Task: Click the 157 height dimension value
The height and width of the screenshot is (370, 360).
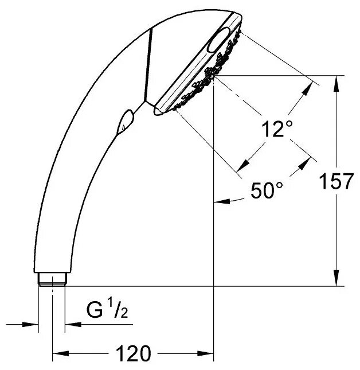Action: point(336,181)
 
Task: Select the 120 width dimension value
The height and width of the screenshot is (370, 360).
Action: point(133,353)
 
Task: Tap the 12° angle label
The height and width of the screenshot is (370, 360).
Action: point(277,128)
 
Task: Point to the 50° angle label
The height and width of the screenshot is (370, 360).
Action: point(267,190)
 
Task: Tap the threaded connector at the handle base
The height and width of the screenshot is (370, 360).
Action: point(52,279)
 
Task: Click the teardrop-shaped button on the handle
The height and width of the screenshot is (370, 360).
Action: point(125,122)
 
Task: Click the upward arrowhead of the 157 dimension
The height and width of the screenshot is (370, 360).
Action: point(336,83)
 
